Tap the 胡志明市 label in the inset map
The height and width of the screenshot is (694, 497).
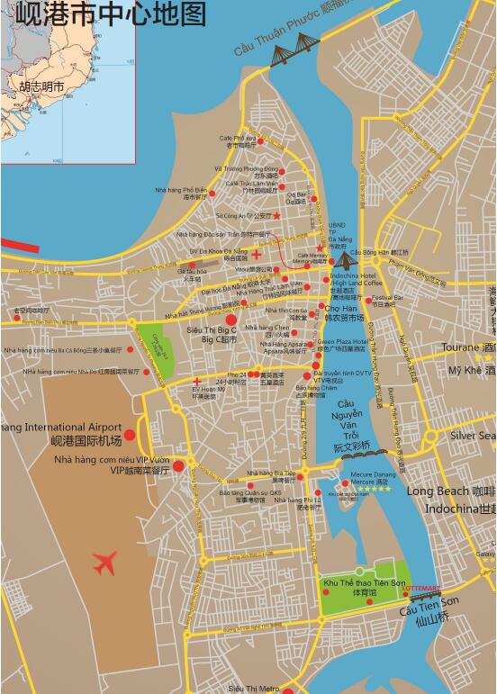[x=41, y=87]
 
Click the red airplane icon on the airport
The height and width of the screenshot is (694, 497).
[x=105, y=563]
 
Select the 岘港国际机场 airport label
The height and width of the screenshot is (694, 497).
[x=86, y=440]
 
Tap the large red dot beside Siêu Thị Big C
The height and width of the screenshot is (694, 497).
[x=230, y=320]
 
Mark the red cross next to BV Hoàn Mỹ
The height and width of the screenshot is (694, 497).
[x=196, y=382]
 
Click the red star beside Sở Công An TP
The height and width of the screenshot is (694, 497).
[x=276, y=215]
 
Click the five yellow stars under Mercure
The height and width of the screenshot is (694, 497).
[x=373, y=490]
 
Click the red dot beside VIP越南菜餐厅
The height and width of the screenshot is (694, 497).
[x=178, y=465]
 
